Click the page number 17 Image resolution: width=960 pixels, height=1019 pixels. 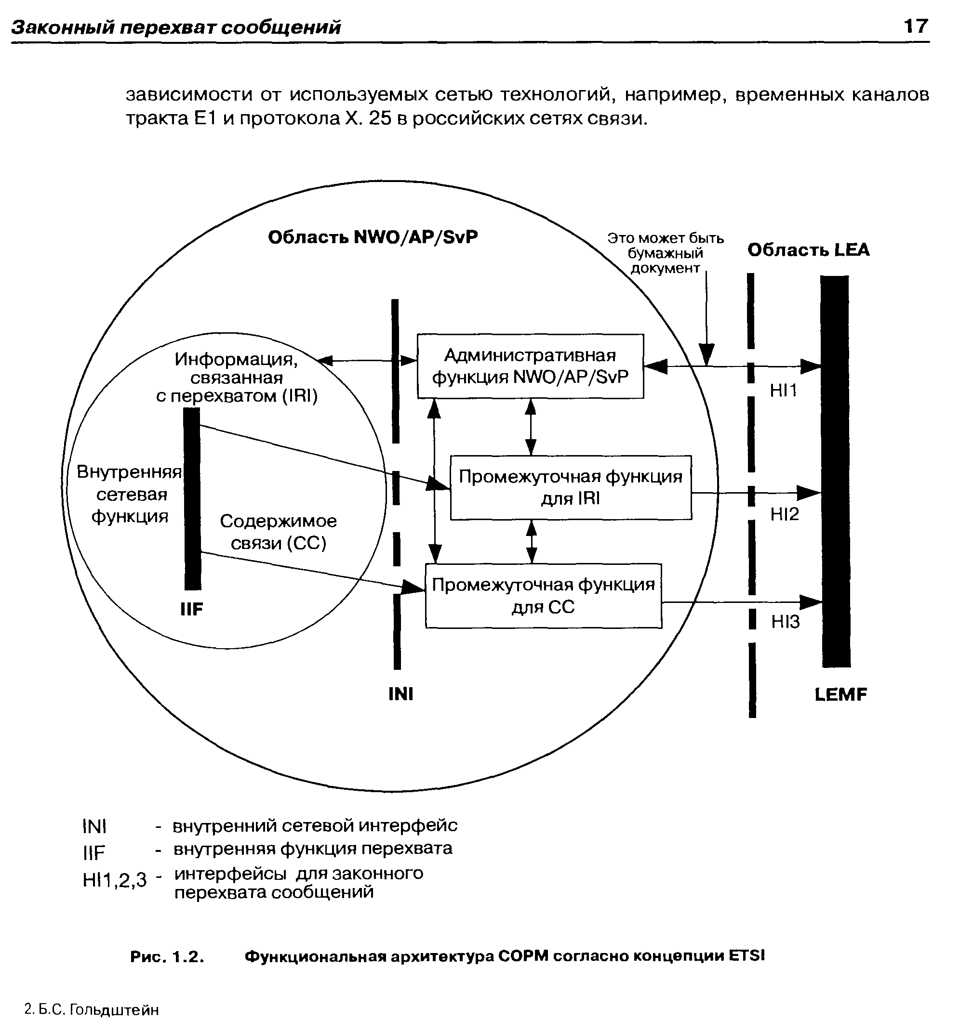click(915, 26)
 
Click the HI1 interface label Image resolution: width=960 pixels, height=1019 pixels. click(784, 391)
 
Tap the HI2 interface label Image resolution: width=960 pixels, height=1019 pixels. click(785, 514)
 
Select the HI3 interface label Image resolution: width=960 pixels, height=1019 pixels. click(785, 622)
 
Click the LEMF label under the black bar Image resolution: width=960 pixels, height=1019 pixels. click(840, 694)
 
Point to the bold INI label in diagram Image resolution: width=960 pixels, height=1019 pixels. click(401, 694)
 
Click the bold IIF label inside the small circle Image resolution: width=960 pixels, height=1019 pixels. click(192, 609)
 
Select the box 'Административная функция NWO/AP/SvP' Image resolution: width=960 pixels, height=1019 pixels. click(530, 366)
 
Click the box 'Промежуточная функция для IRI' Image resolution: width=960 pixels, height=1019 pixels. click(571, 487)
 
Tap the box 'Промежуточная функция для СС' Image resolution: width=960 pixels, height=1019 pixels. click(544, 596)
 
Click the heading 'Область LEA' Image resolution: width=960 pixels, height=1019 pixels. click(808, 250)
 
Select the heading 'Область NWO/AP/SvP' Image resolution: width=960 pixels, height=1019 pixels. click(373, 237)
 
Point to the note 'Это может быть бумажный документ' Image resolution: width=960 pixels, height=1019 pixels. click(666, 253)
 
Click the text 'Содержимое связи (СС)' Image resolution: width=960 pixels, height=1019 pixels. click(279, 532)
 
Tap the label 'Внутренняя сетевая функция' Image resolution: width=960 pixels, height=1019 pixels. click(129, 494)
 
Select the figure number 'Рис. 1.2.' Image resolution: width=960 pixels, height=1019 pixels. click(167, 956)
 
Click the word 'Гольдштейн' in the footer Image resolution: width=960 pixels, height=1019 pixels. click(114, 1010)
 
